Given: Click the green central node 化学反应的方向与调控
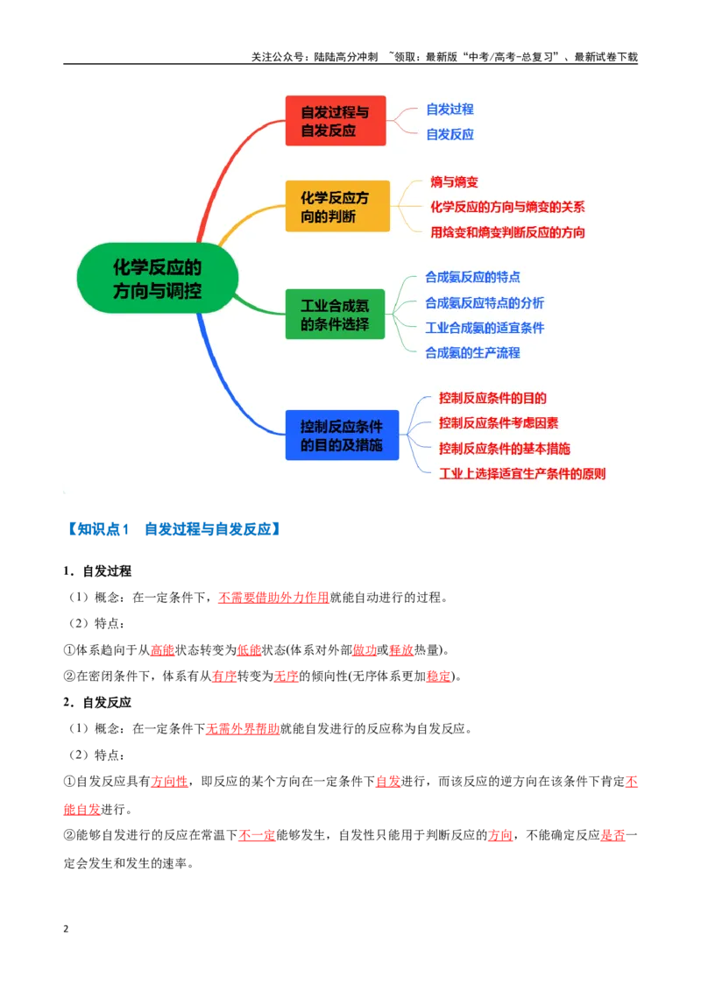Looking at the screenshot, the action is (x=158, y=279).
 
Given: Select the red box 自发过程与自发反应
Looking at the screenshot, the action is (x=336, y=121).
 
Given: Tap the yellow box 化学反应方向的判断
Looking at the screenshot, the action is (x=337, y=206).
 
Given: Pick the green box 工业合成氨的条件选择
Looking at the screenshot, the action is (x=335, y=315).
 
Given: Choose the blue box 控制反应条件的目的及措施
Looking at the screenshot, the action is (x=342, y=436).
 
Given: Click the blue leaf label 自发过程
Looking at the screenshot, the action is (x=450, y=110).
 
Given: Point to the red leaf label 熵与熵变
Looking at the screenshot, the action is (x=454, y=182).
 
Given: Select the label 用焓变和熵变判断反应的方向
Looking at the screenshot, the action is (x=507, y=232).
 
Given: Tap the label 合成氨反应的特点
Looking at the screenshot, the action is (x=472, y=277).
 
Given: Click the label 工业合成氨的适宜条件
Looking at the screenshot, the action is (x=485, y=328).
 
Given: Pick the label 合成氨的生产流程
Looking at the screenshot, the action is (x=472, y=353).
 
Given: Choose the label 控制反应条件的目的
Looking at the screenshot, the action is (x=492, y=398).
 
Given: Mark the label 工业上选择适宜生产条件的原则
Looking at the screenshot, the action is (x=522, y=474).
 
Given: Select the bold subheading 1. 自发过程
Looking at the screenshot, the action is (x=97, y=571).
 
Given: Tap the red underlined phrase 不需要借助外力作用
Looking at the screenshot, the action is (x=273, y=598).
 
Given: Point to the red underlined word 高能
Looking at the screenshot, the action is (x=163, y=650).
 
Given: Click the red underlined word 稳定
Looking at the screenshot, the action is (x=438, y=677).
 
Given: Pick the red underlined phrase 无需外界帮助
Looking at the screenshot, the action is (x=243, y=729).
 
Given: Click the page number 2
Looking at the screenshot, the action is (x=66, y=929).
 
